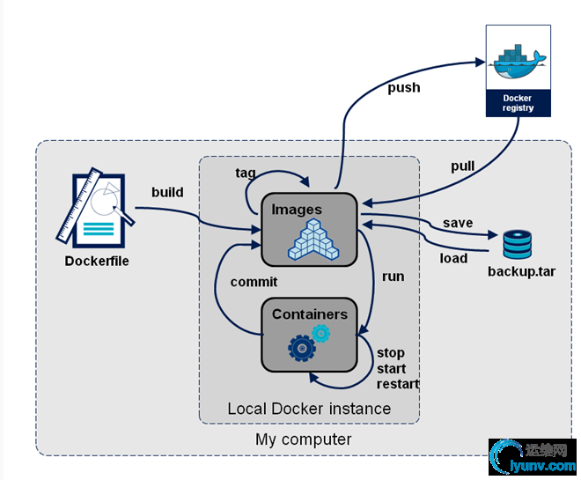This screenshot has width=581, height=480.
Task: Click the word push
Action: [x=403, y=88]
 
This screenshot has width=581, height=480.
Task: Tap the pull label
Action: [x=462, y=166]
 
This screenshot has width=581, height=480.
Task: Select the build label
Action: [x=167, y=191]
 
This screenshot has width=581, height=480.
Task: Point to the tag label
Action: [x=246, y=173]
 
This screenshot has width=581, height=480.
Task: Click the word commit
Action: [x=254, y=282]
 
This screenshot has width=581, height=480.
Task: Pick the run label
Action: [x=393, y=276]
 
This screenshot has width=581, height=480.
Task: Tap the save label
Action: [x=458, y=223]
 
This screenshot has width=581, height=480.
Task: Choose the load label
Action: [x=453, y=258]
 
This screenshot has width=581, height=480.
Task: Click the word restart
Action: [x=398, y=384]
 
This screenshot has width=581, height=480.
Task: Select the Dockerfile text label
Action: [x=97, y=261]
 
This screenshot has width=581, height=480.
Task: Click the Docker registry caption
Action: [x=518, y=102]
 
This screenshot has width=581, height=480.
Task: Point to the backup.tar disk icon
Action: [x=518, y=244]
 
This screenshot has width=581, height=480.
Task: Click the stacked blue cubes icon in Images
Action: [x=313, y=238]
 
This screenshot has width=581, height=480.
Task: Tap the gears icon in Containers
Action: [x=308, y=343]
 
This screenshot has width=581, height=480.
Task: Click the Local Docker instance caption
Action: [x=309, y=409]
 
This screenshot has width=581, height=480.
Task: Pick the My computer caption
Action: [x=304, y=439]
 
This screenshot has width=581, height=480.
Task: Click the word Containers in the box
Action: [x=310, y=314]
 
